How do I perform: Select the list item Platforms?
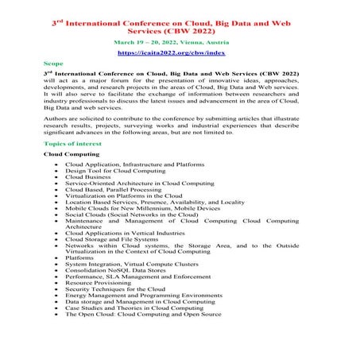79,257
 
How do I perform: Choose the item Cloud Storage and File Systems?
116,238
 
